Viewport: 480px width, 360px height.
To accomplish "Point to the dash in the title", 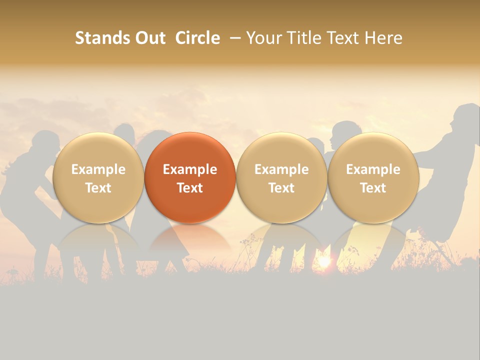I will (234, 38).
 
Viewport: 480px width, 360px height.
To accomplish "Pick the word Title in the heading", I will (303, 38).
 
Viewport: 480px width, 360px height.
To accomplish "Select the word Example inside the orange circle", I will (190, 169).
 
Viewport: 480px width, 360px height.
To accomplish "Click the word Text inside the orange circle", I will (190, 188).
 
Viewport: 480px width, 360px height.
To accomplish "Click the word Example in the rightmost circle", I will (373, 169).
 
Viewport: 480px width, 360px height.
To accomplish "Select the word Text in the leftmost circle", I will (98, 188).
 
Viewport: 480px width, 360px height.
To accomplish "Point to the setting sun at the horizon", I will (324, 261).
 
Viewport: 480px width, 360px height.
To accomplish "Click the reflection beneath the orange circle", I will (190, 237).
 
